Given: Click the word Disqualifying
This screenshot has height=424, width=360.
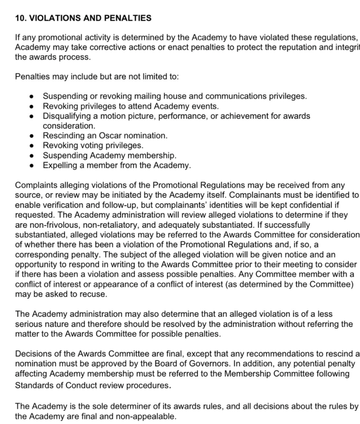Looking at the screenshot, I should tap(66, 116).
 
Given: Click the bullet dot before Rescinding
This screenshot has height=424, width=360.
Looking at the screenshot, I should tap(32, 136).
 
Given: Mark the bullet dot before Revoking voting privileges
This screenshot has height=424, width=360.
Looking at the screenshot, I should tap(32, 145).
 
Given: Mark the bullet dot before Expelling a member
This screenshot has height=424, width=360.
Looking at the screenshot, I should tap(32, 165).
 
